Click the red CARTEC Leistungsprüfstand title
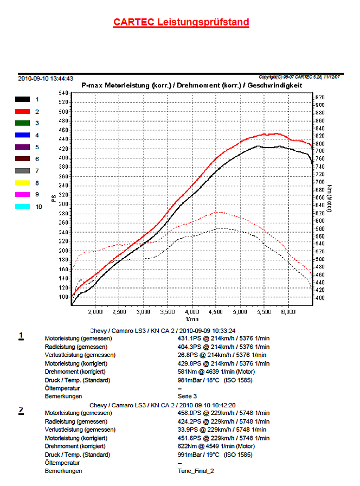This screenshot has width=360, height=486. pyautogui.click(x=181, y=22)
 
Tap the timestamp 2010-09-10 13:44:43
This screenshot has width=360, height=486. pyautogui.click(x=46, y=79)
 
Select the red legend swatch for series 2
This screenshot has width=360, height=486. pyautogui.click(x=22, y=111)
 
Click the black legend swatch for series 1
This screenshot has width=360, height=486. pyautogui.click(x=22, y=99)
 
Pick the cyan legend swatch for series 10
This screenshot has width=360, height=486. pyautogui.click(x=22, y=207)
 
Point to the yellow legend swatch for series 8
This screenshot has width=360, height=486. pyautogui.click(x=22, y=183)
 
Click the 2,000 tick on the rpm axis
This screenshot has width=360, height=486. pyautogui.click(x=95, y=312)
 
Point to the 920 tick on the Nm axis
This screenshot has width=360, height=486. pyautogui.click(x=320, y=97)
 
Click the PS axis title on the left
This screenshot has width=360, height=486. pyautogui.click(x=54, y=199)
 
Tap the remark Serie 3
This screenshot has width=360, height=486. pyautogui.click(x=187, y=397)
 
